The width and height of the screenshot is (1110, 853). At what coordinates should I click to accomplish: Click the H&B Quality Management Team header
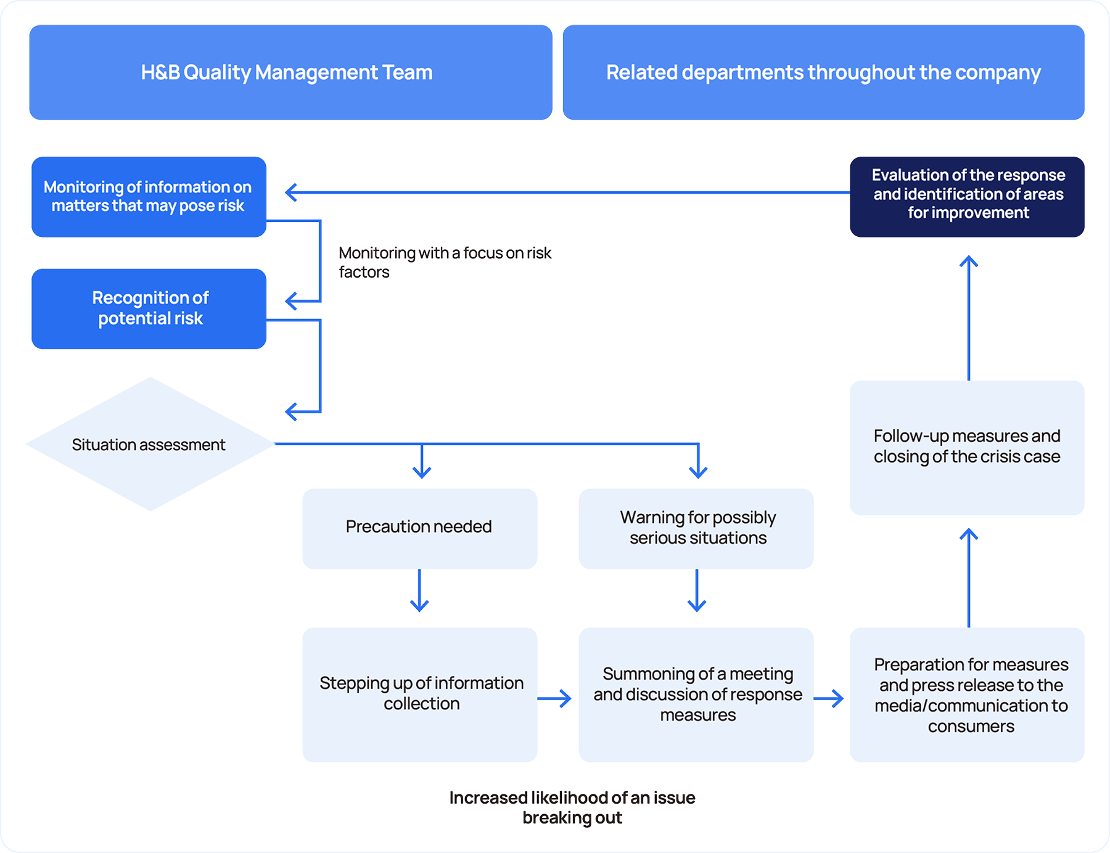290,72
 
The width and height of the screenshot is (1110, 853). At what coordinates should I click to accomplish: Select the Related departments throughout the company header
823,72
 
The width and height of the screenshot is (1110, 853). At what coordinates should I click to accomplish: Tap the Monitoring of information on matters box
149,197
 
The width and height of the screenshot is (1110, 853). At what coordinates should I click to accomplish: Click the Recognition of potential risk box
149,308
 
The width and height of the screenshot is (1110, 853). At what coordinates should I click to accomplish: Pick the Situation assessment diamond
149,444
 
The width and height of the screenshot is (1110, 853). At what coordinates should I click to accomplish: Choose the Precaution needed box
419,528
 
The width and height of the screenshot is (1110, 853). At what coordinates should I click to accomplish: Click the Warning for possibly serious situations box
696,528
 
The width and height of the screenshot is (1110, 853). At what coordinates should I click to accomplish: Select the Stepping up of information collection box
419,694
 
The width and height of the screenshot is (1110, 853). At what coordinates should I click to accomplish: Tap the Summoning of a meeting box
696,694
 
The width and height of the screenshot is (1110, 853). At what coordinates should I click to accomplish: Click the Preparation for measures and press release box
967,694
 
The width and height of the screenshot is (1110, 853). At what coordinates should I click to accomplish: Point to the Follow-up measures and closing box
967,447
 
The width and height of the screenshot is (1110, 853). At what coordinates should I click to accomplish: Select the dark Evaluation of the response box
967,196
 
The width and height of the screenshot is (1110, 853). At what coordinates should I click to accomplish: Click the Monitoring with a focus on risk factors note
444,262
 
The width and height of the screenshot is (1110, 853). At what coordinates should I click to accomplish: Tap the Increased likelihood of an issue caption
572,807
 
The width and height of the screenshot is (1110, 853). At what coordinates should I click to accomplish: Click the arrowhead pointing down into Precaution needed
422,472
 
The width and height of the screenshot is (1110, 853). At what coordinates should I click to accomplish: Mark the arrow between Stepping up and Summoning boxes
554,698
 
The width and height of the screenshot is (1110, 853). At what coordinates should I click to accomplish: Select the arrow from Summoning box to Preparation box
829,698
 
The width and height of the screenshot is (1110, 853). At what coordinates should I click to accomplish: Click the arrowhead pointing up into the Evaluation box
969,262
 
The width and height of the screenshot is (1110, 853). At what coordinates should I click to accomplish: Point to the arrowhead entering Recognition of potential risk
292,301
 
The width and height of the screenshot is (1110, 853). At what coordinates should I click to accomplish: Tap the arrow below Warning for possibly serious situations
697,590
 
